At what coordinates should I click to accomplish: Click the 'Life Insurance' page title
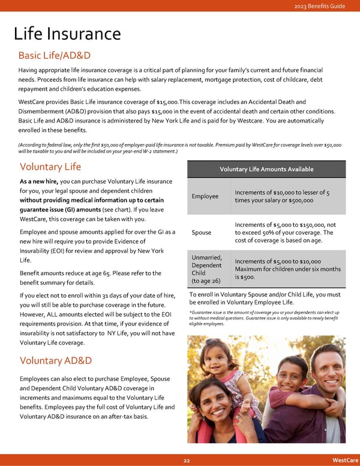(67, 34)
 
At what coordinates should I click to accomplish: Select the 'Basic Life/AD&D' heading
(55, 56)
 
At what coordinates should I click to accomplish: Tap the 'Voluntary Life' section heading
(50, 167)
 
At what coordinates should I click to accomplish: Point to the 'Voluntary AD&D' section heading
(56, 361)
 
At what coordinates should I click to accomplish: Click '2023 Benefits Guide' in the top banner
(320, 6)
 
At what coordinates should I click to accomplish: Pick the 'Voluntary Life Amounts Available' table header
(266, 169)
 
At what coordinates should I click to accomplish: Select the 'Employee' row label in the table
(205, 196)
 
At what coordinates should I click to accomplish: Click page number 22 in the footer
(187, 460)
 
